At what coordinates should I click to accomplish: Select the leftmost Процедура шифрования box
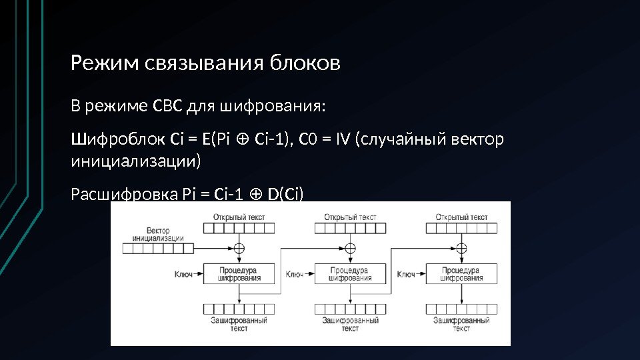point(239,273)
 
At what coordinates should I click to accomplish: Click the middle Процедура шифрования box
point(350,273)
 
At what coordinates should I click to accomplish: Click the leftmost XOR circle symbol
point(239,248)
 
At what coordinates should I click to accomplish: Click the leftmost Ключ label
point(183,273)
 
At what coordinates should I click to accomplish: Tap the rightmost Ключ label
point(406,273)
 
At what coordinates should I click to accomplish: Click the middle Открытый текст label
point(350,217)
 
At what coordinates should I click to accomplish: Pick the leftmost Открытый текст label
point(239,217)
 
